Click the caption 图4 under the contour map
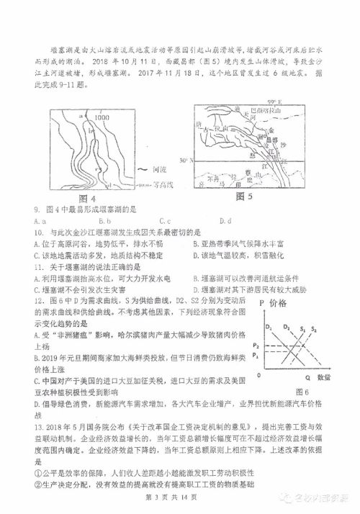pyautogui.click(x=86, y=199)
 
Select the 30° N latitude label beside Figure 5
pyautogui.click(x=185, y=160)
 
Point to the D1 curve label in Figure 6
pyautogui.click(x=268, y=328)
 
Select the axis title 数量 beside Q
pyautogui.click(x=323, y=377)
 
